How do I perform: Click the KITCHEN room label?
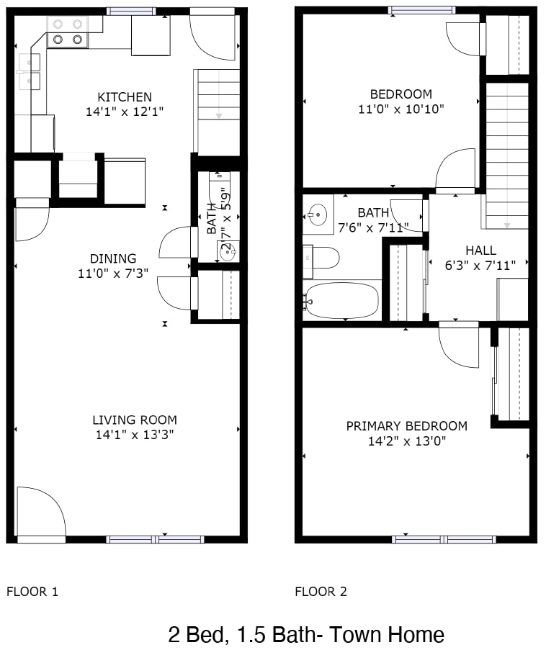pos(125,97)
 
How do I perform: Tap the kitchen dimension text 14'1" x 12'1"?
pos(125,112)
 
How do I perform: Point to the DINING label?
pos(113,258)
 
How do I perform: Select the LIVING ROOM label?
pos(135,420)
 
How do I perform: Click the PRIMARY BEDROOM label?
pos(407,426)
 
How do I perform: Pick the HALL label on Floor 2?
pos(481,250)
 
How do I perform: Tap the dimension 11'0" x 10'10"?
pos(401,109)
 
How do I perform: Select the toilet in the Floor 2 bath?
pos(321,258)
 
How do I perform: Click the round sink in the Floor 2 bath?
pos(318,215)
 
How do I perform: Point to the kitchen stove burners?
pos(68,32)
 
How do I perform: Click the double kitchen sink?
pos(30,71)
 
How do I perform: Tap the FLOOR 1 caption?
pos(32,592)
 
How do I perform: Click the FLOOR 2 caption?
pos(321,592)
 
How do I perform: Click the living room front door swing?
pos(42,513)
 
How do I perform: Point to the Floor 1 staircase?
pos(217,111)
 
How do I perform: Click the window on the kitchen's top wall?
pos(131,12)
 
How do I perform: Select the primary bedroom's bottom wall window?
pos(444,539)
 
